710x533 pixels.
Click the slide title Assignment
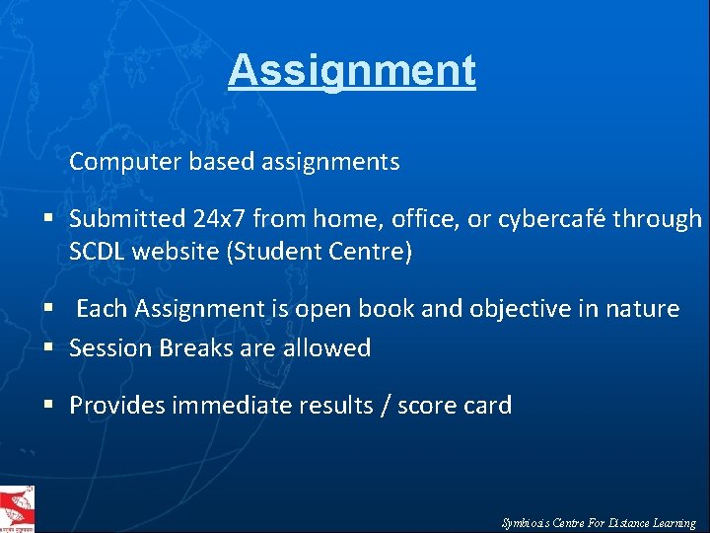352,70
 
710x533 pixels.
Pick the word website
179,252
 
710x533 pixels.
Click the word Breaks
194,347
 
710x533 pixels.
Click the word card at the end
490,405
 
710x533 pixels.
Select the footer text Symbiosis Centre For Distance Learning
599,523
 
